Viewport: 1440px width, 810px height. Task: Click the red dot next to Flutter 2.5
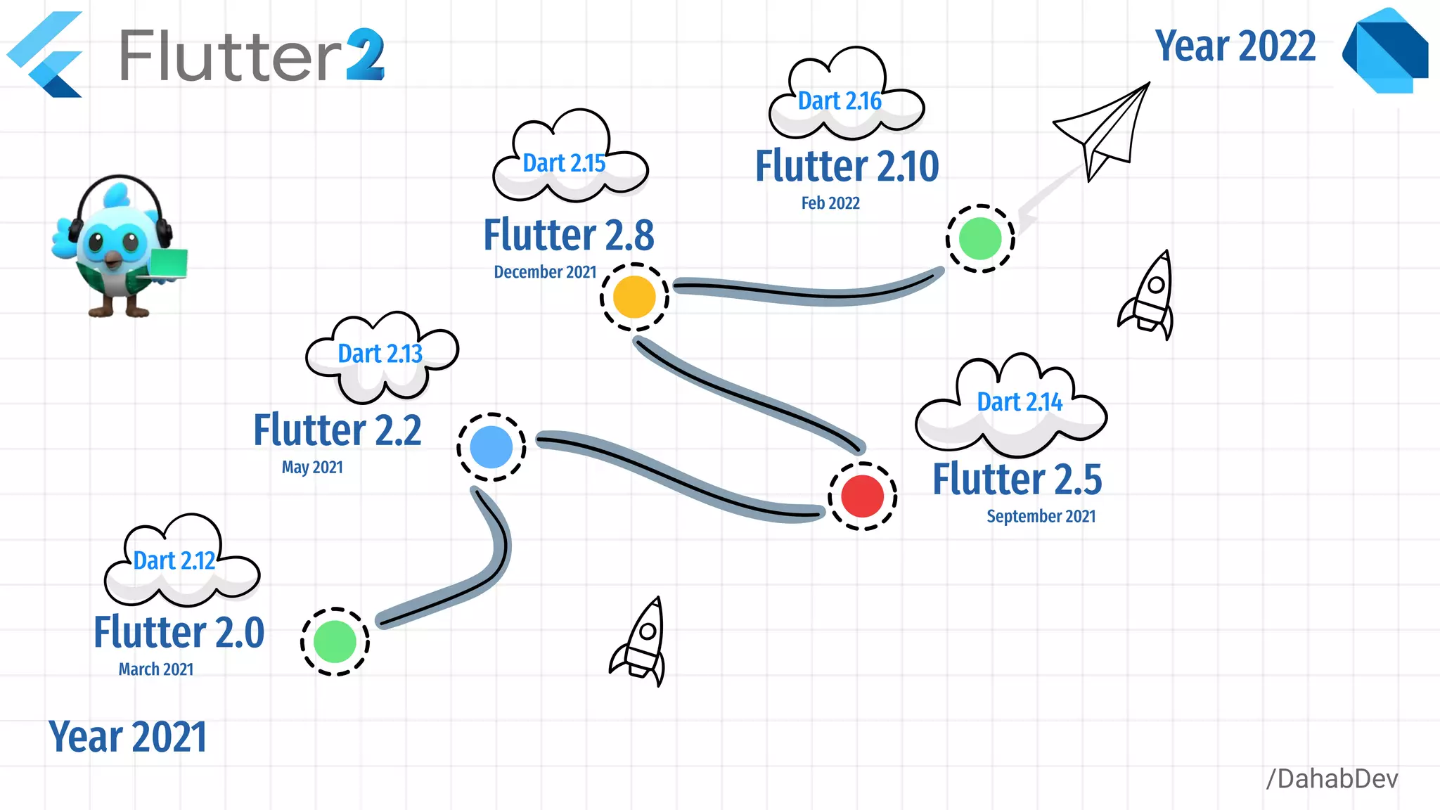point(862,496)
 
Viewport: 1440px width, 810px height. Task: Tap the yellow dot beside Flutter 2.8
point(634,297)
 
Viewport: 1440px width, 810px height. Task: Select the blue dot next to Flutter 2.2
point(491,447)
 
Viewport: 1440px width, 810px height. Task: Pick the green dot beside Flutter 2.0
point(335,641)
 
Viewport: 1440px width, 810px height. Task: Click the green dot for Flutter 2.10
point(980,238)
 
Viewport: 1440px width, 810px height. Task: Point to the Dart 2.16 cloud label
point(840,101)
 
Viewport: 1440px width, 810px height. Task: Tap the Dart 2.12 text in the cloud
point(174,561)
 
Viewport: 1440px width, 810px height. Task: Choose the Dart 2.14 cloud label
point(1020,402)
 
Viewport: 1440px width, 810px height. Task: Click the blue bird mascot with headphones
point(116,246)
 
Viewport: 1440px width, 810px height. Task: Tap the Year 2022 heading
point(1235,46)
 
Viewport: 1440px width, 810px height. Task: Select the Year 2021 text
point(128,737)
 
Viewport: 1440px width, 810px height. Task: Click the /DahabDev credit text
point(1332,779)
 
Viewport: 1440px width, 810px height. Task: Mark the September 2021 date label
point(1041,517)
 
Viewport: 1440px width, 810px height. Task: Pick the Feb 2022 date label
point(830,203)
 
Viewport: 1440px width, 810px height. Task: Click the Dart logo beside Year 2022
point(1386,51)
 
